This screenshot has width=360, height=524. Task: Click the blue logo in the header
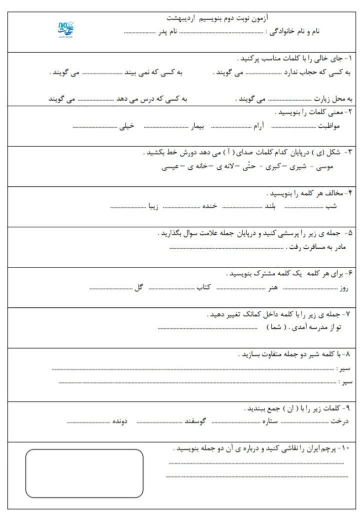pyautogui.click(x=65, y=30)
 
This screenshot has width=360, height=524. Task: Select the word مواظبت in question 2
pyautogui.click(x=329, y=127)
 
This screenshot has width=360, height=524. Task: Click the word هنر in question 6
pyautogui.click(x=272, y=288)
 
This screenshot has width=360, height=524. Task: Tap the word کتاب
pyautogui.click(x=202, y=288)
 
